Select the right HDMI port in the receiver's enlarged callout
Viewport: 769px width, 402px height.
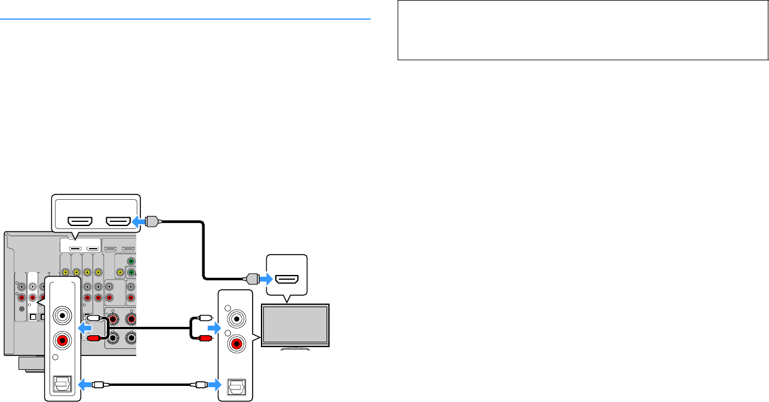pos(118,221)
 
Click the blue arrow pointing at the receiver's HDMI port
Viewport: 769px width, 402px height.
pos(139,221)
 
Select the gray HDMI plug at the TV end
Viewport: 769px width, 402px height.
pos(251,278)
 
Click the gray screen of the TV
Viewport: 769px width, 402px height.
pos(296,325)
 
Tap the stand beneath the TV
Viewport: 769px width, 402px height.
pos(296,347)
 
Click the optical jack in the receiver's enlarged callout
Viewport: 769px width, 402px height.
pos(63,385)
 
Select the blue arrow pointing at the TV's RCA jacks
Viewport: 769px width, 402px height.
pos(213,328)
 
